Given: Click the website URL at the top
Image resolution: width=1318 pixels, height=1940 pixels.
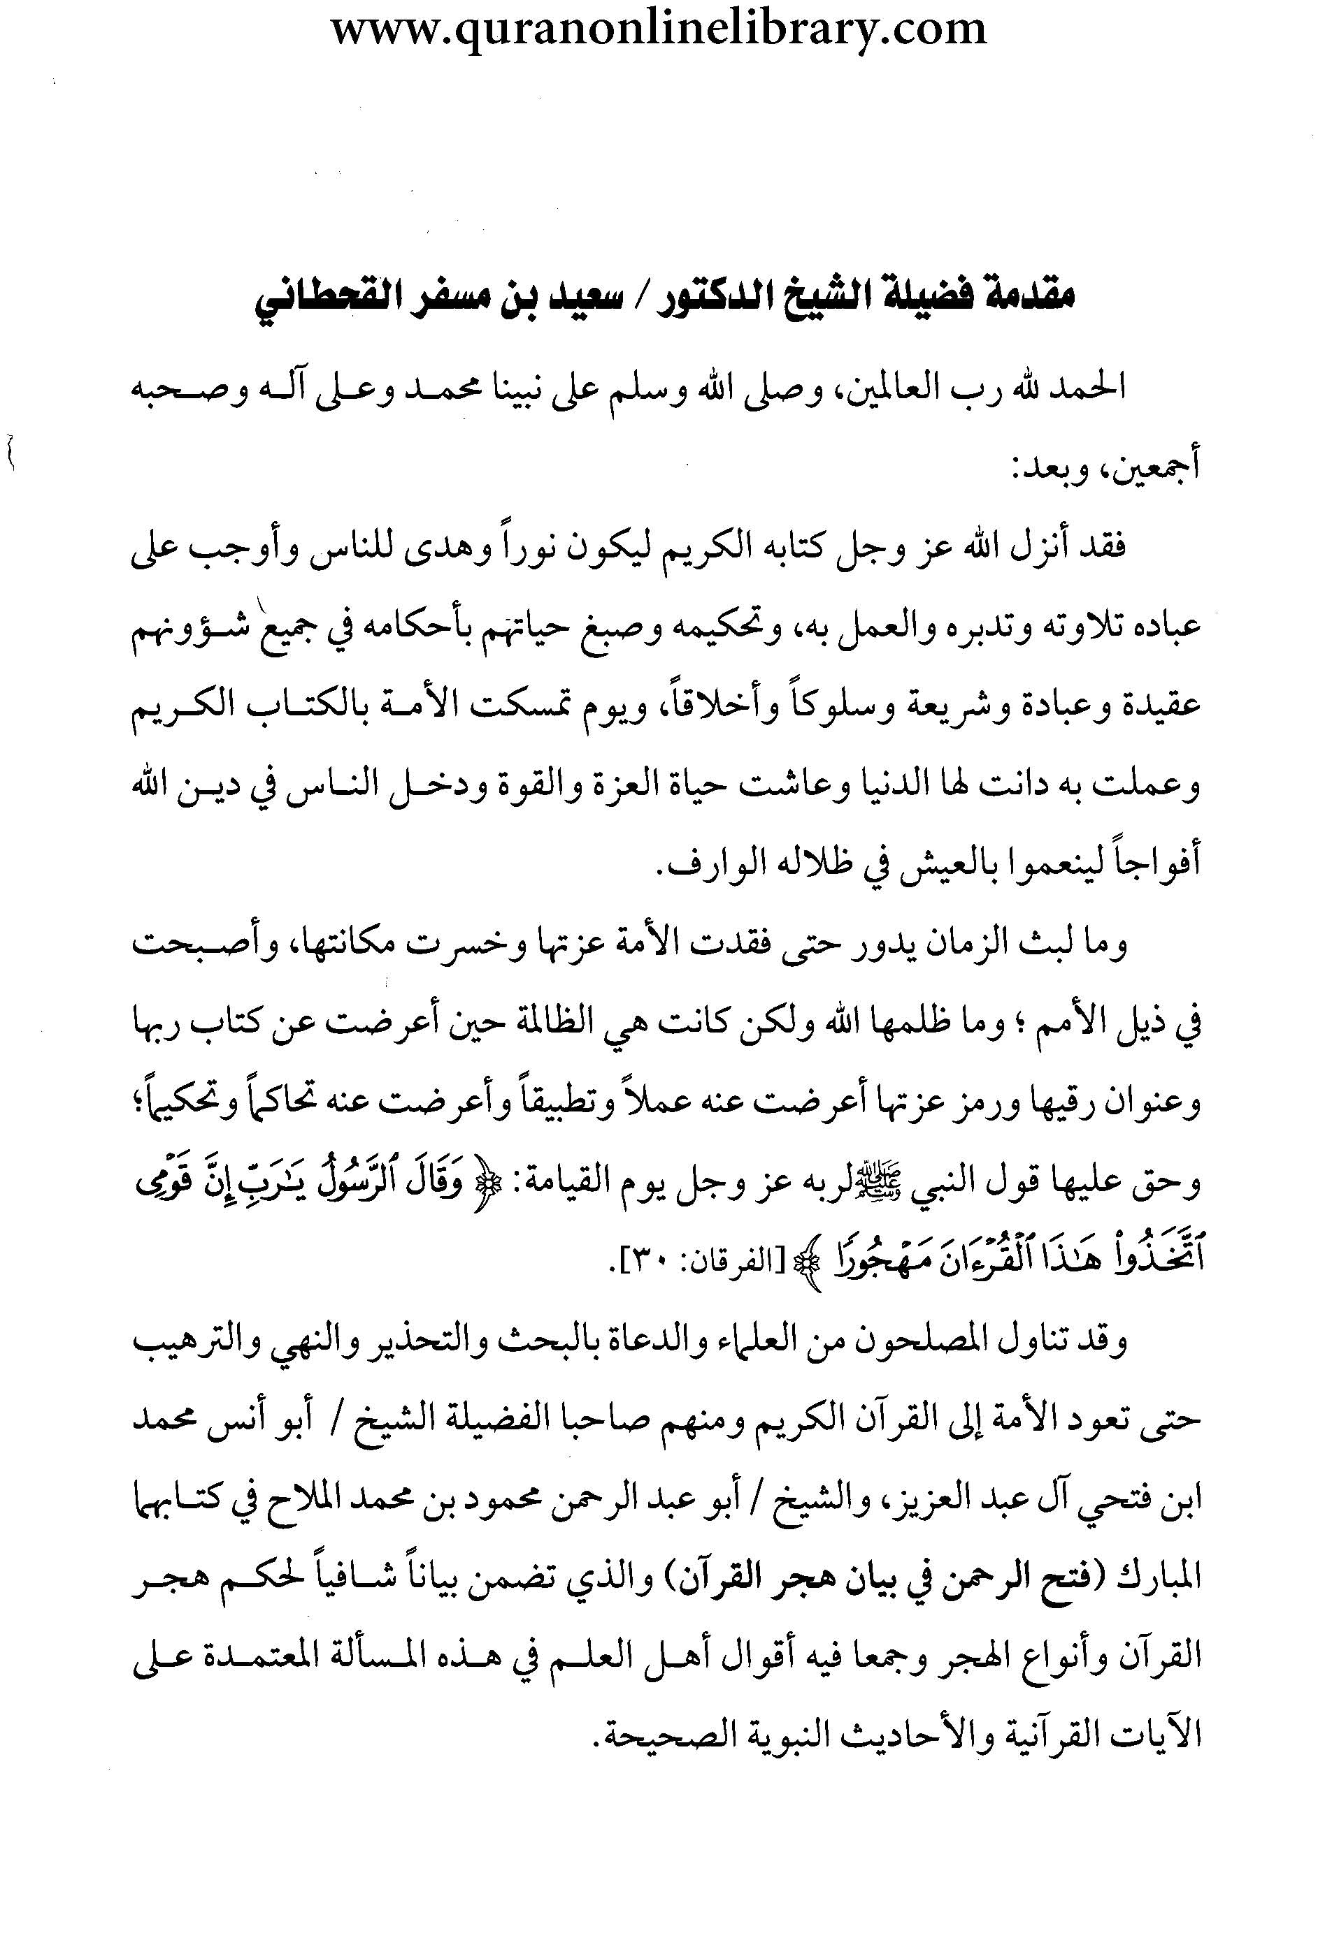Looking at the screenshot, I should tap(659, 31).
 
